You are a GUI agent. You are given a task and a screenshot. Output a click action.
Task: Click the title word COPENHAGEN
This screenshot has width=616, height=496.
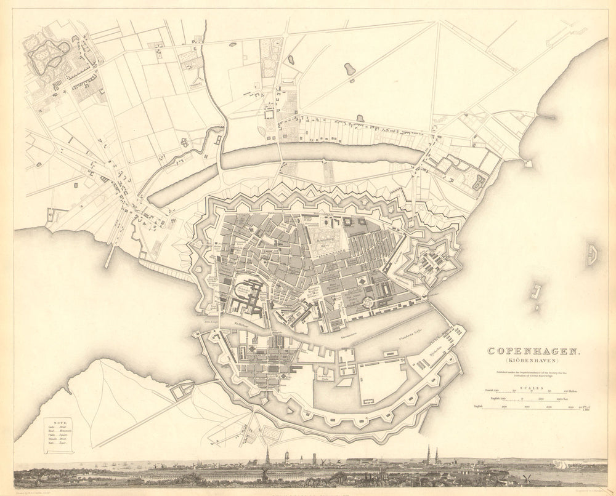[533, 351]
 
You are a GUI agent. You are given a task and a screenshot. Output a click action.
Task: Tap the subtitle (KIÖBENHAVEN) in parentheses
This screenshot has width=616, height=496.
[533, 361]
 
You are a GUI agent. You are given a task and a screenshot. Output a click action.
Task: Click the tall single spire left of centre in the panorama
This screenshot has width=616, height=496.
[267, 457]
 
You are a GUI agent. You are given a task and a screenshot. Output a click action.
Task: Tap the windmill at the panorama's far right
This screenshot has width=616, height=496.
[527, 478]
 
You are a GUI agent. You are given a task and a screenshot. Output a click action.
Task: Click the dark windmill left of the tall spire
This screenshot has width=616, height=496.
[264, 474]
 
